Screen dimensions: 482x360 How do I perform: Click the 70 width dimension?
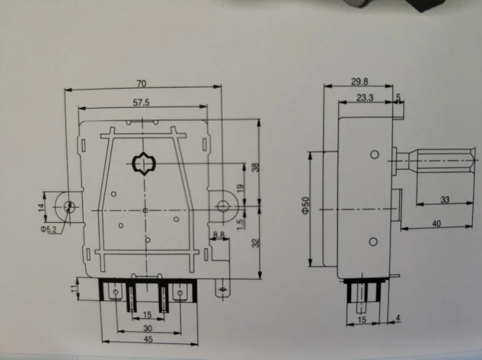pos(141,84)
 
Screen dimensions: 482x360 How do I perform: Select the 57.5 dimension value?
pos(141,102)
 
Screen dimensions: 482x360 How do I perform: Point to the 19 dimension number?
pos(241,187)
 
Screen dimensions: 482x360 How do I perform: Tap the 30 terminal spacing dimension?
pos(147,328)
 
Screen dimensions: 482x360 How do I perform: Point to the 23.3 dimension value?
pos(364,97)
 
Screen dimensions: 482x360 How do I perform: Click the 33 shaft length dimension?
pos(444,200)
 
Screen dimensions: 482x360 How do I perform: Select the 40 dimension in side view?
pos(437,224)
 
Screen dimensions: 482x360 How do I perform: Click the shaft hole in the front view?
pos(144,164)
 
